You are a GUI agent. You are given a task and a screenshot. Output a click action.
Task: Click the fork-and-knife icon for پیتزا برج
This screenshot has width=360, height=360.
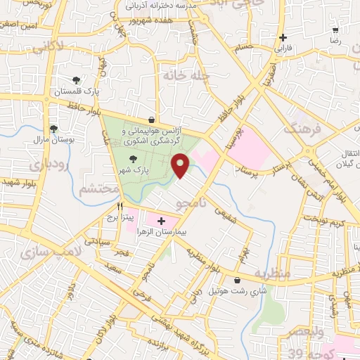pyautogui.click(x=120, y=207)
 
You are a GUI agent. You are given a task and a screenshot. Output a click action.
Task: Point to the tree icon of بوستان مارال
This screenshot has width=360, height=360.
pyautogui.click(x=53, y=128)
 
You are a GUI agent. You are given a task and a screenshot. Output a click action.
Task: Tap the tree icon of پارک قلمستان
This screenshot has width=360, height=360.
pyautogui.click(x=77, y=80)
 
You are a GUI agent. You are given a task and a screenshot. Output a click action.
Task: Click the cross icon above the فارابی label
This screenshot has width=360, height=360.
pyautogui.click(x=283, y=38)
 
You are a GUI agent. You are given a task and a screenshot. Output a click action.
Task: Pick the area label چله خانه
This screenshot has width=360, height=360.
pyautogui.click(x=180, y=75)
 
